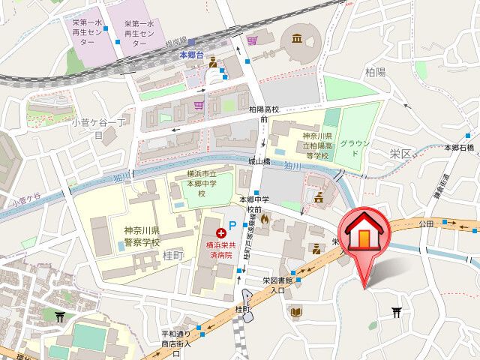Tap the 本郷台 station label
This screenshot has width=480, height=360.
[x=191, y=55]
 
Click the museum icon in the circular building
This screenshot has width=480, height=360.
[x=296, y=38]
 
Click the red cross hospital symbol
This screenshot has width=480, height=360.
[x=220, y=235]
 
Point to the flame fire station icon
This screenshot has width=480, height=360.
[x=265, y=219]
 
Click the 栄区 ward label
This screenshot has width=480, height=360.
[x=401, y=154]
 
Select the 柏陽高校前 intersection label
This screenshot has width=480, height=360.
[x=264, y=114]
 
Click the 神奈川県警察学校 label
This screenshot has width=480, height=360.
[x=136, y=236]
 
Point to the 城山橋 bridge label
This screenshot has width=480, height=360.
[x=259, y=161]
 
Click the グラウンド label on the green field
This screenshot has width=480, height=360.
[x=353, y=147]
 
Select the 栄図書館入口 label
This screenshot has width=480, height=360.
[x=274, y=285]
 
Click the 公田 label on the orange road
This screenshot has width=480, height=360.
[x=427, y=223]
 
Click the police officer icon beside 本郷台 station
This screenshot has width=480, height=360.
[x=213, y=62]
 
